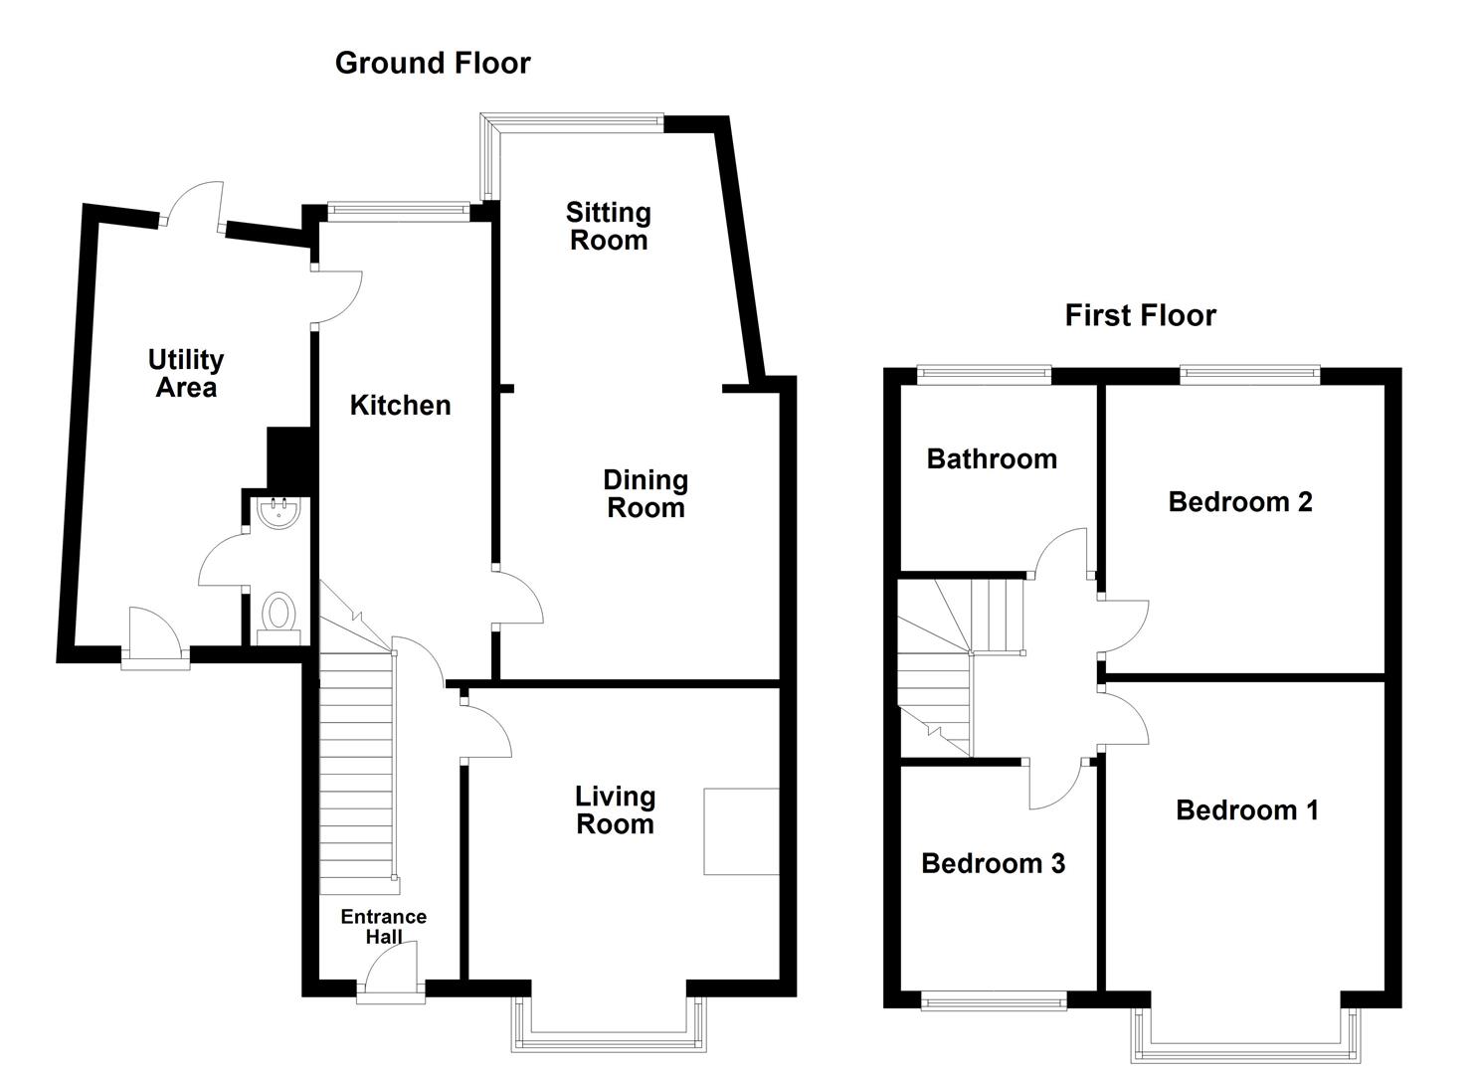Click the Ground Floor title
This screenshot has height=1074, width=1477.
pos(433,64)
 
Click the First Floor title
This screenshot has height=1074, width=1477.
pos(1140,315)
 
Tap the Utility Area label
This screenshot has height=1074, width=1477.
pos(186,373)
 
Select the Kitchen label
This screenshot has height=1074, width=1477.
pos(400,405)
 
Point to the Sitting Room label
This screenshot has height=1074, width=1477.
pos(609,226)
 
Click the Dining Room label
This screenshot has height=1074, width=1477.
pos(646,494)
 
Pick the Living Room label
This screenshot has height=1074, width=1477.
pos(616,810)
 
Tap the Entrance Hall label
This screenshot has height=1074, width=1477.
pos(384,926)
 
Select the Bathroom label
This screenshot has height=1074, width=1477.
pos(992,458)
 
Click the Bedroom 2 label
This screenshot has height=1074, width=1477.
pos(1240,502)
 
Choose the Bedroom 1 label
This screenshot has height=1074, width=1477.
pos(1247,810)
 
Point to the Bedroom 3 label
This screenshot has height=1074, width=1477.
pos(993,864)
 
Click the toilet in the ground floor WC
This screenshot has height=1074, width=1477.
pos(278,618)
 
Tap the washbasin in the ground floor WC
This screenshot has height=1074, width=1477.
pos(278,513)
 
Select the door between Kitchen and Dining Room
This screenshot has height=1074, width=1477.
pos(518,597)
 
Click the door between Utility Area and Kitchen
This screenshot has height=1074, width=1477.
pos(337,296)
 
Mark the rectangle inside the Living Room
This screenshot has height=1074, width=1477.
pos(741,831)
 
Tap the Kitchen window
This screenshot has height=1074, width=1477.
pos(399,211)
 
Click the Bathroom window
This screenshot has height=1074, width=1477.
pos(984,375)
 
